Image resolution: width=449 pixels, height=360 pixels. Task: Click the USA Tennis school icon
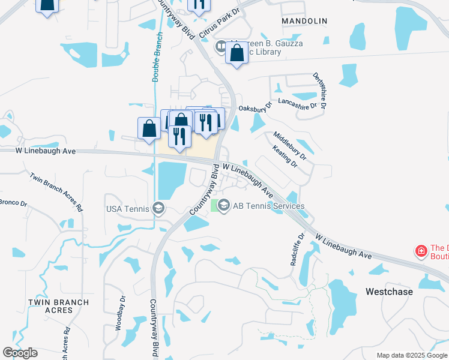[158, 208]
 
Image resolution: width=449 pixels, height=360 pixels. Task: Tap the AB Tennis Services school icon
[224, 206]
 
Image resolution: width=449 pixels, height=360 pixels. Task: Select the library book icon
[221, 46]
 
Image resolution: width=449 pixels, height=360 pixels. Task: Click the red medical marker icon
[421, 250]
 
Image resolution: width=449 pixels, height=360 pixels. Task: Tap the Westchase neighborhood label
[389, 292]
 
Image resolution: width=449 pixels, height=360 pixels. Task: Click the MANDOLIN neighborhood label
[305, 21]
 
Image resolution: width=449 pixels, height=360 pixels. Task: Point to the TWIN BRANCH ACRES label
[59, 306]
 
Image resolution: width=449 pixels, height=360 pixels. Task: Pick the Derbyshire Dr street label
[319, 90]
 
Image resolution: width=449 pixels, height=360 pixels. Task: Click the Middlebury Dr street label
[290, 146]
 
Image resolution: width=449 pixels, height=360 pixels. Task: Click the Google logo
[20, 353]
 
